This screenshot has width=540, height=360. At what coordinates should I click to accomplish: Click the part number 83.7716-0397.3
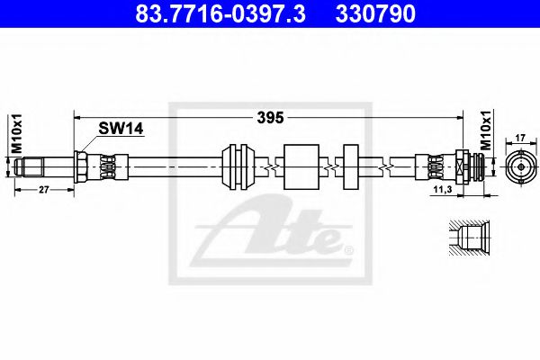pyautogui.click(x=220, y=13)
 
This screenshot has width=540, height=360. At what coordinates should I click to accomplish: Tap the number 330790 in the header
pyautogui.click(x=375, y=13)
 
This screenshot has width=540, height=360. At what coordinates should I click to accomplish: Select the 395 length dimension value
pyautogui.click(x=270, y=118)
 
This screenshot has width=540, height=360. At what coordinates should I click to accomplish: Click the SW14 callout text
pyautogui.click(x=121, y=129)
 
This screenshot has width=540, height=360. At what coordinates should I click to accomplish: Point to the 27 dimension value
pyautogui.click(x=44, y=190)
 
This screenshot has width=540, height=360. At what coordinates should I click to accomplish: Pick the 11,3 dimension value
pyautogui.click(x=443, y=190)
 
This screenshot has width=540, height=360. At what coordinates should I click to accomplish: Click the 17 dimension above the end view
pyautogui.click(x=520, y=138)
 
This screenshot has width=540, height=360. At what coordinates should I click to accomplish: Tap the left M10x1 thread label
pyautogui.click(x=16, y=133)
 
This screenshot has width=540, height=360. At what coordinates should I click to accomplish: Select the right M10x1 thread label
pyautogui.click(x=486, y=130)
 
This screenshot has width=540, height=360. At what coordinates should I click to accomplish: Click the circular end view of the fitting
pyautogui.click(x=521, y=166)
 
